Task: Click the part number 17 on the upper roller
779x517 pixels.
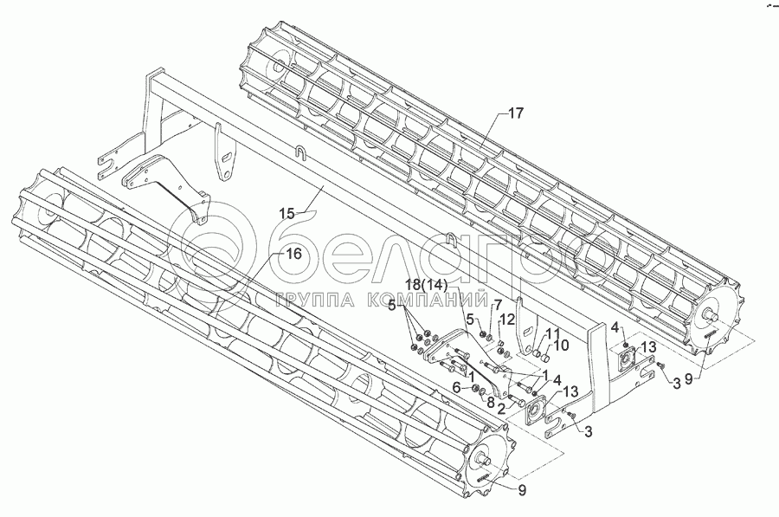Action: pyautogui.click(x=516, y=113)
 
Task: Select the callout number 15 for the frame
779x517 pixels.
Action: pyautogui.click(x=287, y=212)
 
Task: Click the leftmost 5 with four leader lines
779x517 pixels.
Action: pyautogui.click(x=392, y=306)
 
